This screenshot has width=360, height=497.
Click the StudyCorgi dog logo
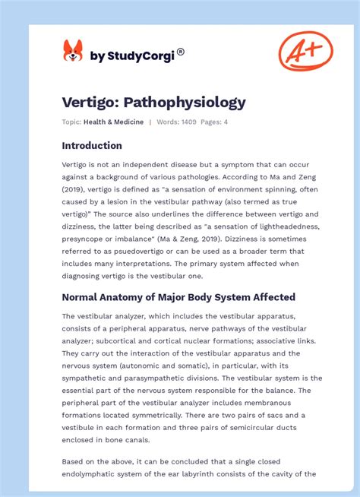tap(73, 52)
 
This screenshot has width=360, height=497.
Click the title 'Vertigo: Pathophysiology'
tap(153, 102)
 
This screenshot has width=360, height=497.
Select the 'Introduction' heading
tap(92, 145)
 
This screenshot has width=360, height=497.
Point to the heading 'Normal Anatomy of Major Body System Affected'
tap(178, 297)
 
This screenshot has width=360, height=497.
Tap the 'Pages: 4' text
tap(214, 122)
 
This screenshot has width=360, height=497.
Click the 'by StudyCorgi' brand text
tap(132, 55)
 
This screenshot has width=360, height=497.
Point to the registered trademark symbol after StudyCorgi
tap(181, 52)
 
